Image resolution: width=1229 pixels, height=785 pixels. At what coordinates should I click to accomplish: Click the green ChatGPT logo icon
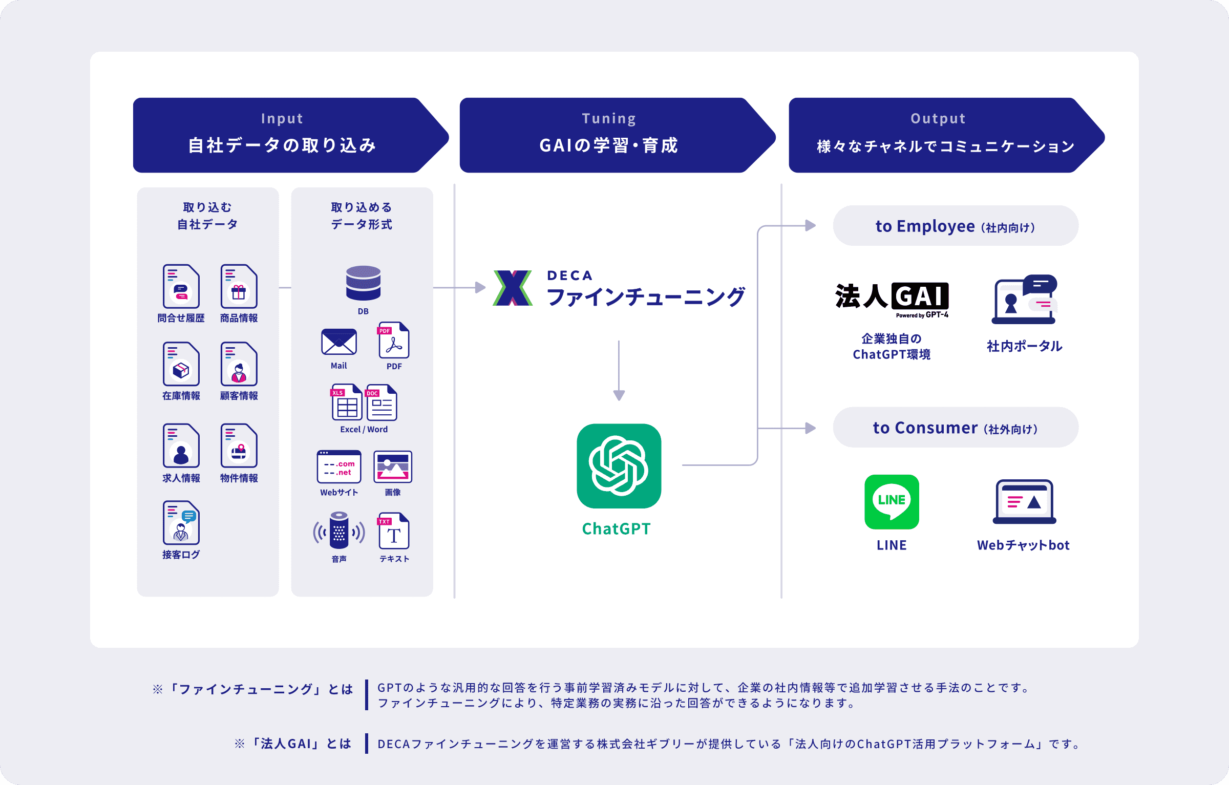[619, 465]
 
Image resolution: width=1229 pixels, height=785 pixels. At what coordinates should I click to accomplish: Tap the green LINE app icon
[892, 502]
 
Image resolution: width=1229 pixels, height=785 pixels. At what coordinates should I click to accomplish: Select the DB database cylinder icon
[363, 283]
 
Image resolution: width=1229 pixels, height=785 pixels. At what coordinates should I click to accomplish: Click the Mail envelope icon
[338, 342]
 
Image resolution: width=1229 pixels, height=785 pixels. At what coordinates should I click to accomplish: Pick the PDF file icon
[393, 340]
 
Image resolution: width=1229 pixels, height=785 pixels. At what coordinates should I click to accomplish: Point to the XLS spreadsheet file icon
[347, 402]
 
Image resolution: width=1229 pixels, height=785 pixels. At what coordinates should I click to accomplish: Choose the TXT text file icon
[393, 531]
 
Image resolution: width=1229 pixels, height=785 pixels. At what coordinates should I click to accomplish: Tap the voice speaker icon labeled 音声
[338, 530]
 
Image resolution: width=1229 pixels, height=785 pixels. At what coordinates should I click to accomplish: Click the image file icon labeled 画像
[393, 466]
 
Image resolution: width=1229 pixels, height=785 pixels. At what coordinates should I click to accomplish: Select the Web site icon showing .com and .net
[339, 466]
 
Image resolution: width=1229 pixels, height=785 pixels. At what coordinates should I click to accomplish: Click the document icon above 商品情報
[239, 286]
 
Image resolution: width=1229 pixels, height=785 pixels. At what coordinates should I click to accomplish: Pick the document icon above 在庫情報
[181, 364]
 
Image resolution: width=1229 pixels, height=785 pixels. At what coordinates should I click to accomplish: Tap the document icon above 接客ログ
[181, 523]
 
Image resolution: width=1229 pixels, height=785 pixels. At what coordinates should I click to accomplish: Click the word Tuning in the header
[609, 119]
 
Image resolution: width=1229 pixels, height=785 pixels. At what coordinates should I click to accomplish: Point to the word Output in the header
[938, 119]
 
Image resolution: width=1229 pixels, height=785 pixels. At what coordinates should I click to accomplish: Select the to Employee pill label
[956, 226]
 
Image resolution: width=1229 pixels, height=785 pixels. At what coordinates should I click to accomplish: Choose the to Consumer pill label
[956, 428]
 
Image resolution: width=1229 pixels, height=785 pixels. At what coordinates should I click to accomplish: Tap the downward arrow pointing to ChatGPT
[619, 370]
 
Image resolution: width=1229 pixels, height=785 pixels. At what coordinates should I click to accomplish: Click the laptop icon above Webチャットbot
[1024, 502]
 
